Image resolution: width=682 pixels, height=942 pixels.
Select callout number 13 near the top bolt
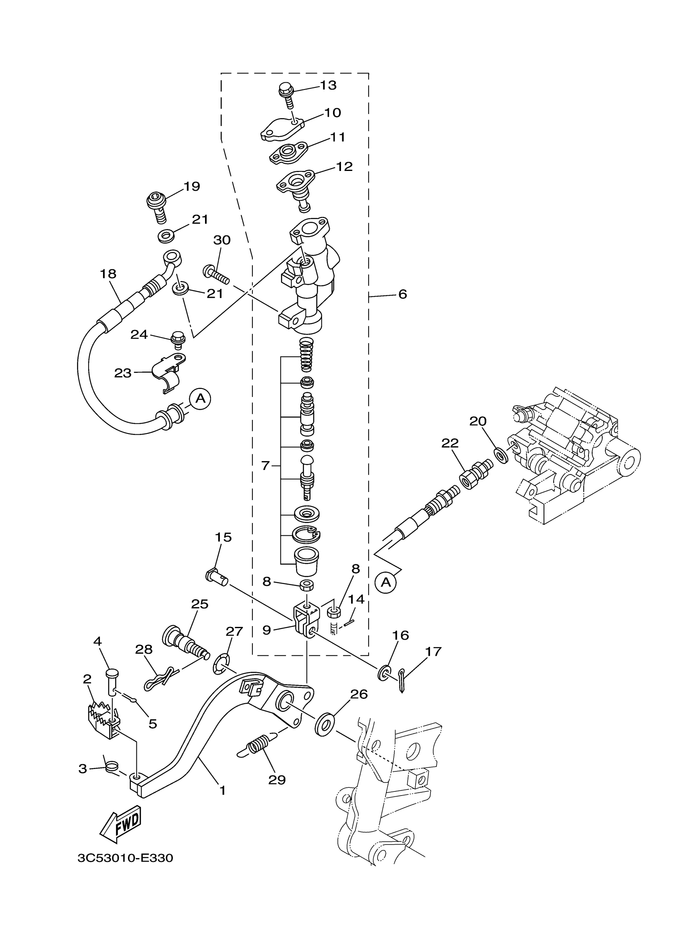(328, 85)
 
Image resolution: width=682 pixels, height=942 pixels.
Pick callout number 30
(222, 240)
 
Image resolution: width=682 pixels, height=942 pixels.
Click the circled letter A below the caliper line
(386, 583)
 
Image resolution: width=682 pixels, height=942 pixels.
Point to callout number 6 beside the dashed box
(402, 295)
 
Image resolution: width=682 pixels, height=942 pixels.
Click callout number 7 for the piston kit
(266, 466)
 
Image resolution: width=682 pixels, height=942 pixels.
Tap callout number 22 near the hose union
(450, 443)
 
